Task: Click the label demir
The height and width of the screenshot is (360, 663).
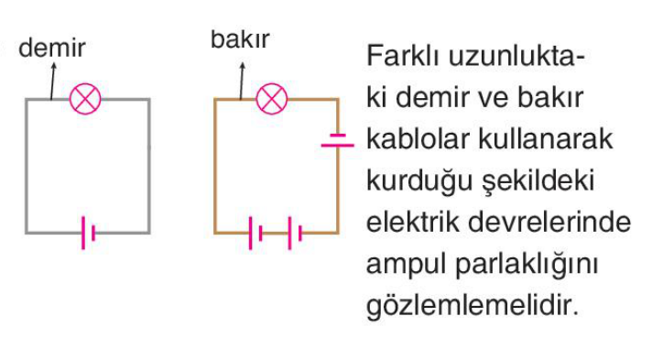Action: pyautogui.click(x=52, y=48)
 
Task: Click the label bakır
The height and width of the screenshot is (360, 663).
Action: pyautogui.click(x=240, y=38)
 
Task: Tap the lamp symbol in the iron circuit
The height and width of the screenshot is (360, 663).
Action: pyautogui.click(x=85, y=99)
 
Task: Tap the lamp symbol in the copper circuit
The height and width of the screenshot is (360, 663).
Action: pyautogui.click(x=272, y=99)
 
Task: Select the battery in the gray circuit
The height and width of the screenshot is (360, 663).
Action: pyautogui.click(x=88, y=233)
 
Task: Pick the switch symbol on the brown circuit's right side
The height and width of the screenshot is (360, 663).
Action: pyautogui.click(x=337, y=140)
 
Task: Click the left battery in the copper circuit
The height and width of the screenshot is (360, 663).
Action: pyautogui.click(x=255, y=233)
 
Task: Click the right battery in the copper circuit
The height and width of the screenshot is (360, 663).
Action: pyautogui.click(x=295, y=233)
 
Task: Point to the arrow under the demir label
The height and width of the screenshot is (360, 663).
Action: pyautogui.click(x=52, y=82)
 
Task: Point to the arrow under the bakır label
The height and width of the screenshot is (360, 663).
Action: pyautogui.click(x=242, y=82)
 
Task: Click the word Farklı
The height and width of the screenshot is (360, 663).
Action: pyautogui.click(x=404, y=55)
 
